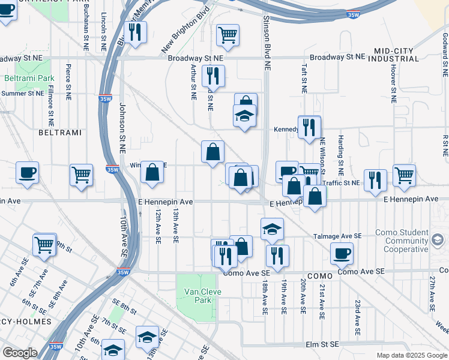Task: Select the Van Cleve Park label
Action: (197, 296)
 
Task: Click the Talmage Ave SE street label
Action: (337, 236)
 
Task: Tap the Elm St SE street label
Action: (325, 344)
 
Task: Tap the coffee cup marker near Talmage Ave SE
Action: (342, 253)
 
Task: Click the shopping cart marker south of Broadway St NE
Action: (228, 35)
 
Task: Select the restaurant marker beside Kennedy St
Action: (309, 127)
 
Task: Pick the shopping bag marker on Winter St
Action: (152, 172)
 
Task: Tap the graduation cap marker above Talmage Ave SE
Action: (272, 229)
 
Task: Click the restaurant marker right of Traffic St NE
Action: (375, 180)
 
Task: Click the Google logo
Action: (20, 353)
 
